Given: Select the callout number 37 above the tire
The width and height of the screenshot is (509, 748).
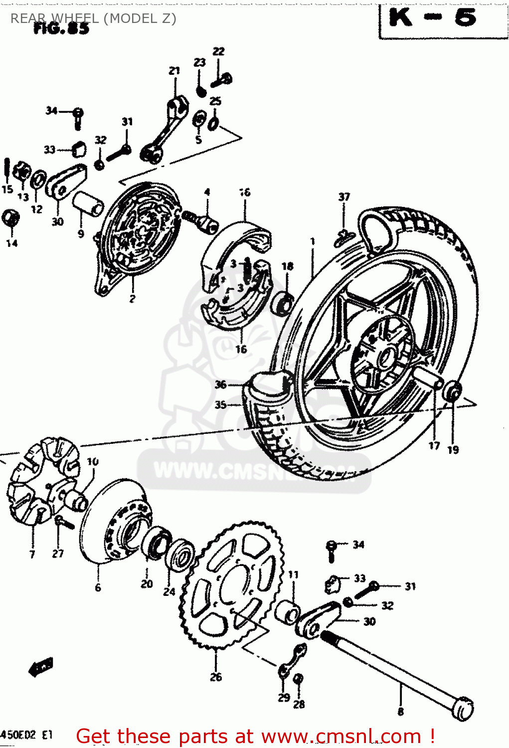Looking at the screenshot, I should tap(344, 197).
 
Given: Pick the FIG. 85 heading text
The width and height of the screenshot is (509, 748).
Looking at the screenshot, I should tap(61, 29).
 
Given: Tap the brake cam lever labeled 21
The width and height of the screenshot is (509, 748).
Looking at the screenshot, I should tap(165, 130).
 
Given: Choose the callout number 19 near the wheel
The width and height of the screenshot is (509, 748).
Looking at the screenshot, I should tap(453, 450).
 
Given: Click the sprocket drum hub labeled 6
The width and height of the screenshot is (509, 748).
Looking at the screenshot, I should tap(112, 524).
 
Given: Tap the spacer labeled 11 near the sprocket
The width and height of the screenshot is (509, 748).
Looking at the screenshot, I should tap(289, 612).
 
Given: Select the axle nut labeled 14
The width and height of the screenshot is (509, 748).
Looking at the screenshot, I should tap(11, 218).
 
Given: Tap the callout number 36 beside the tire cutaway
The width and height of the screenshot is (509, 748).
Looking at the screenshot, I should tap(220, 384).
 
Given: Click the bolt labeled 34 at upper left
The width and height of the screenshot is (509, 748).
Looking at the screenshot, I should tap(78, 116).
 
